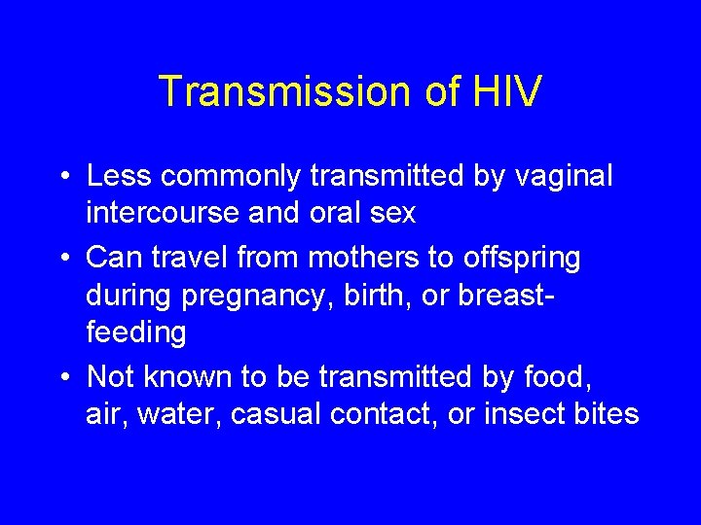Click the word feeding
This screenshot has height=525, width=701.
click(x=135, y=333)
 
